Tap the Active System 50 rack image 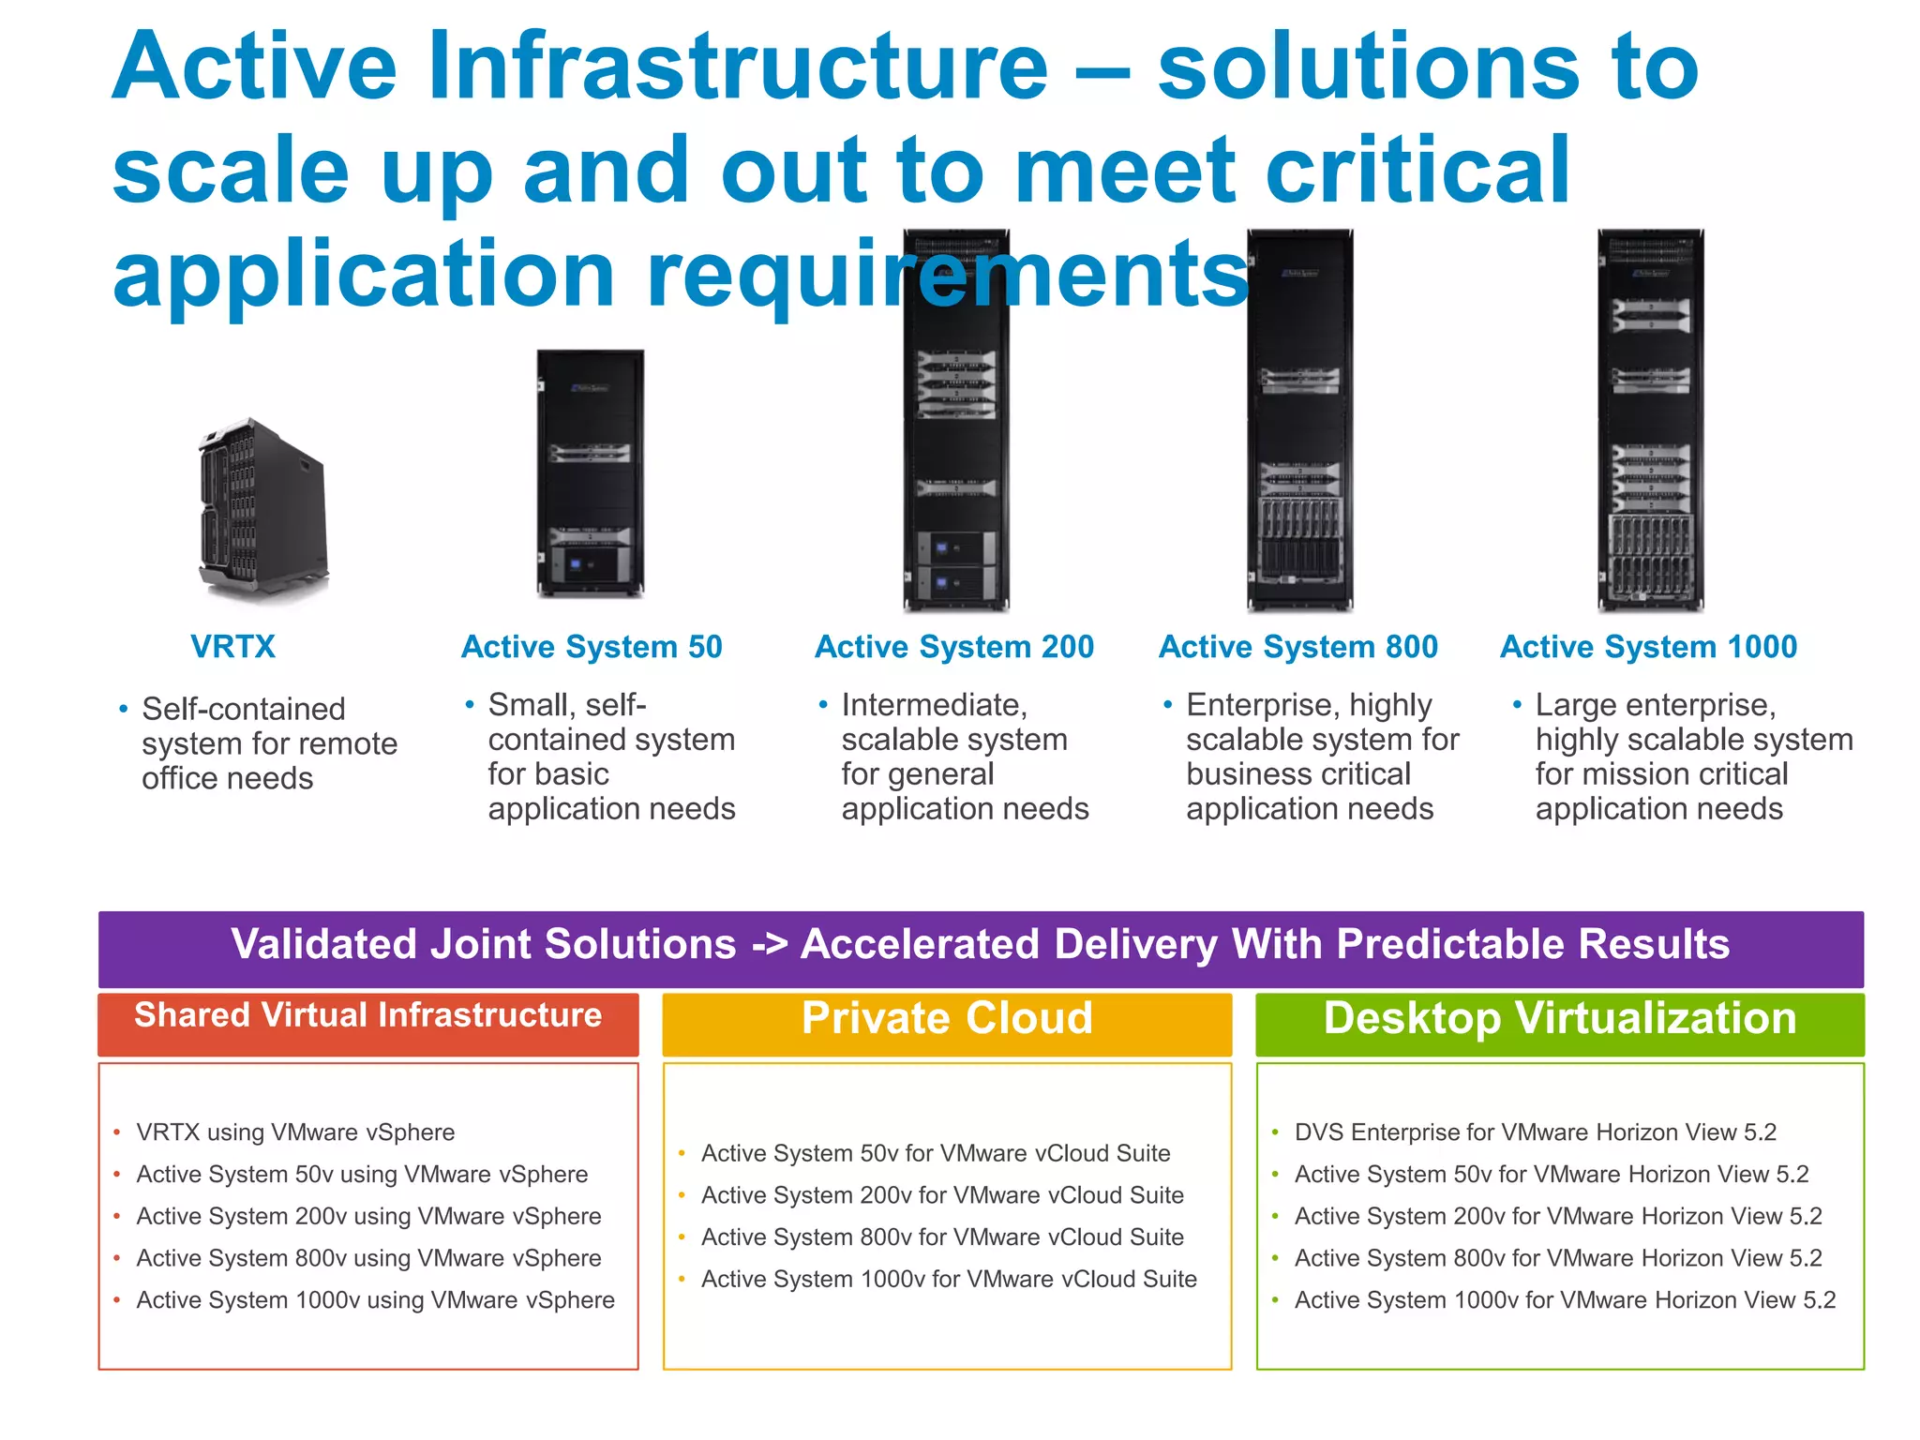pyautogui.click(x=590, y=473)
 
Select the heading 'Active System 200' pyautogui.click(x=953, y=647)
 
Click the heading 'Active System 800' pyautogui.click(x=1297, y=647)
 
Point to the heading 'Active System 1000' pyautogui.click(x=1648, y=647)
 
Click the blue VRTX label pyautogui.click(x=232, y=647)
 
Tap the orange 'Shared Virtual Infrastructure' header pyautogui.click(x=367, y=1017)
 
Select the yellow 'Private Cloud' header pyautogui.click(x=947, y=1019)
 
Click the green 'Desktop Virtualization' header pyautogui.click(x=1559, y=1019)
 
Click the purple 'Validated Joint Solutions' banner pyautogui.click(x=981, y=945)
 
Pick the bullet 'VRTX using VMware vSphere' pyautogui.click(x=295, y=1132)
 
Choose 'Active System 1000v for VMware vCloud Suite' pyautogui.click(x=949, y=1280)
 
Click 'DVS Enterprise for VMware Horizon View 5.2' pyautogui.click(x=1535, y=1132)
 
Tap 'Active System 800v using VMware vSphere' pyautogui.click(x=368, y=1258)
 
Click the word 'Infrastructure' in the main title pyautogui.click(x=737, y=67)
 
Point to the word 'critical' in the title pyautogui.click(x=1417, y=171)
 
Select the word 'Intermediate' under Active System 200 pyautogui.click(x=934, y=705)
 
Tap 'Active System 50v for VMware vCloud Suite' pyautogui.click(x=936, y=1154)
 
